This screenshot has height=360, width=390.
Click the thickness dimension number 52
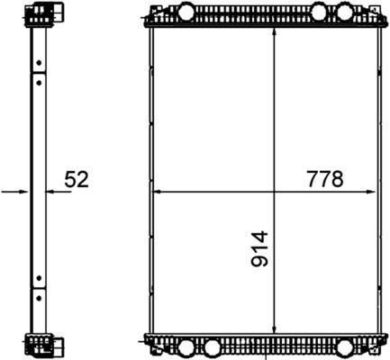click(76, 180)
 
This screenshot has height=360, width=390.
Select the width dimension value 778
click(325, 179)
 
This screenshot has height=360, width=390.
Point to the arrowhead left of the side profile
click(27, 192)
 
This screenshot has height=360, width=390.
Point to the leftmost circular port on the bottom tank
click(186, 347)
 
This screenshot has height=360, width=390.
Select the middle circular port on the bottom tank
click(212, 347)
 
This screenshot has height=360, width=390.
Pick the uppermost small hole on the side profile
click(40, 62)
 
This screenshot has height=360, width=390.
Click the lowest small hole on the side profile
click(40, 292)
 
